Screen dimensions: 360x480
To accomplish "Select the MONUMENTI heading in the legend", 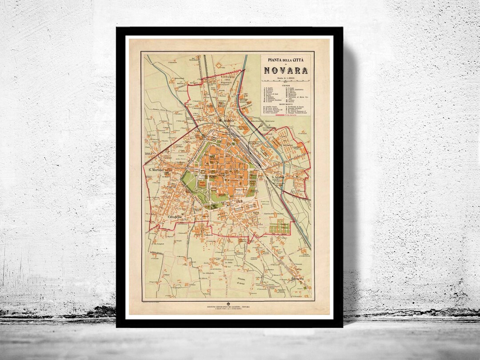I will point(286,105).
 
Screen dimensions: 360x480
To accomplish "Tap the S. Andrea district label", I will point(227,120).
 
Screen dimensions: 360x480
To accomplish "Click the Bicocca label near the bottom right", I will point(298,279).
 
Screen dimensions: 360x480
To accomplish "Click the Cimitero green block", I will point(279,227).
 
